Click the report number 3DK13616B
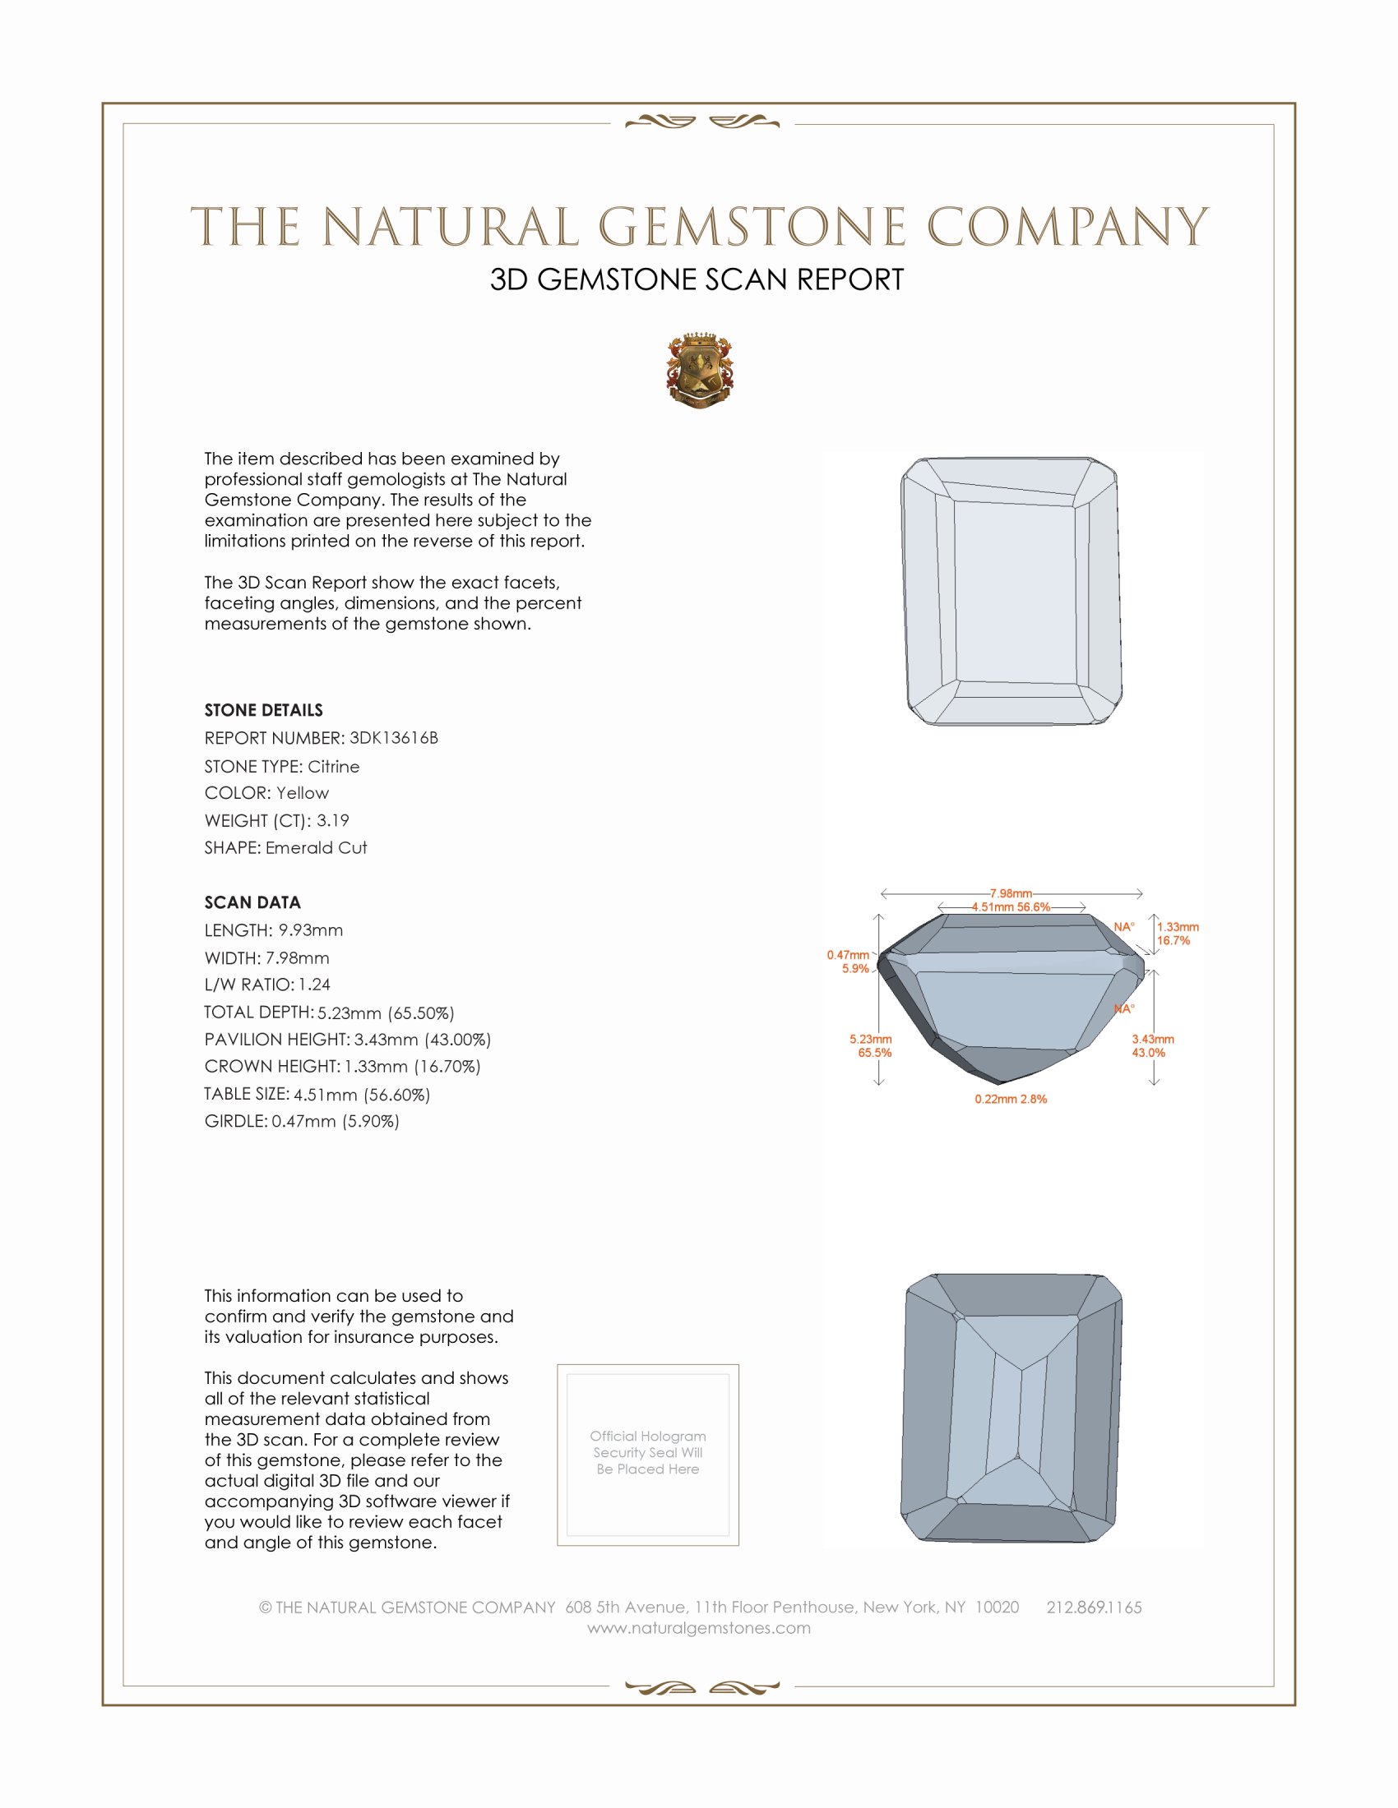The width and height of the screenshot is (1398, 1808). (393, 738)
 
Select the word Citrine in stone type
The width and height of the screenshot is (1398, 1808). (334, 767)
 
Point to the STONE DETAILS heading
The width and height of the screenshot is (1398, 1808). (263, 710)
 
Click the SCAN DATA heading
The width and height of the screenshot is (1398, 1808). (252, 902)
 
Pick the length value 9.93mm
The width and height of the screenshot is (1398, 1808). (311, 930)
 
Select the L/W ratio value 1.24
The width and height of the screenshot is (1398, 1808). (315, 985)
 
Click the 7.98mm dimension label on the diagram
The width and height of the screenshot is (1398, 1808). (1011, 893)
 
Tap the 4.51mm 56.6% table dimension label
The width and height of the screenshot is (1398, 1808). (1011, 907)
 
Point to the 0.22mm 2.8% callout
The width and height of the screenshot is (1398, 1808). (1011, 1100)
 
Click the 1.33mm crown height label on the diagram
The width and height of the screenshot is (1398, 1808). (1178, 927)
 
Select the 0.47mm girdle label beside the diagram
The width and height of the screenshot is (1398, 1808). (848, 955)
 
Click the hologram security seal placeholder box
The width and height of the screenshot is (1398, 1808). (648, 1455)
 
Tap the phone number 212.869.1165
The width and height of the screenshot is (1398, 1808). (1094, 1607)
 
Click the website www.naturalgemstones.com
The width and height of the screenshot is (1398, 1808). (699, 1628)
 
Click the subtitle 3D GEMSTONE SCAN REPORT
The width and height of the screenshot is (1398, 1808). (697, 279)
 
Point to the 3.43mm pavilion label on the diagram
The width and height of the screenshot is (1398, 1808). (1153, 1039)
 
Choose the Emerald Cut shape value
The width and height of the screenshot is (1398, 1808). (317, 848)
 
